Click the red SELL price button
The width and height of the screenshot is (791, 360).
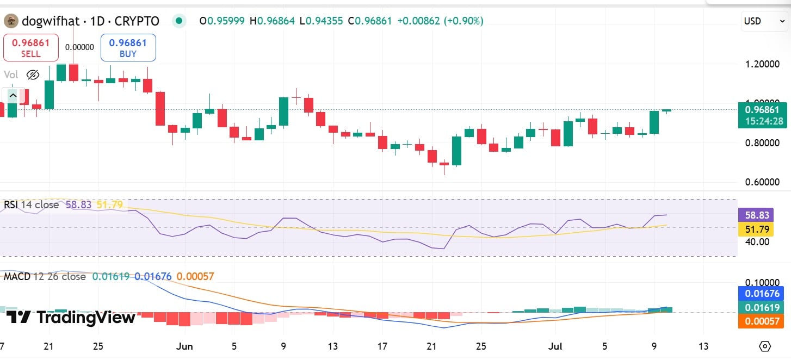tap(31, 47)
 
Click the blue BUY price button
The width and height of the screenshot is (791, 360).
tap(128, 47)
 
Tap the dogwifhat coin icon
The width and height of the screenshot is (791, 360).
tap(10, 21)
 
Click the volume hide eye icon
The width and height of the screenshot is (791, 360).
tap(33, 75)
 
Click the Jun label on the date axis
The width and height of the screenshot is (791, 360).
tap(185, 346)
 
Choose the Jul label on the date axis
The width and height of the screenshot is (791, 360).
tap(555, 346)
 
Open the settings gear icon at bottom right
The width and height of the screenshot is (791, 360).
tap(765, 346)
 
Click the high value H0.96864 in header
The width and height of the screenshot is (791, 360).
tap(272, 21)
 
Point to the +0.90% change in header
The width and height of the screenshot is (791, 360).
tap(464, 21)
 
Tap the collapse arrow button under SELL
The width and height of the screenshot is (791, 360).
tap(13, 96)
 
